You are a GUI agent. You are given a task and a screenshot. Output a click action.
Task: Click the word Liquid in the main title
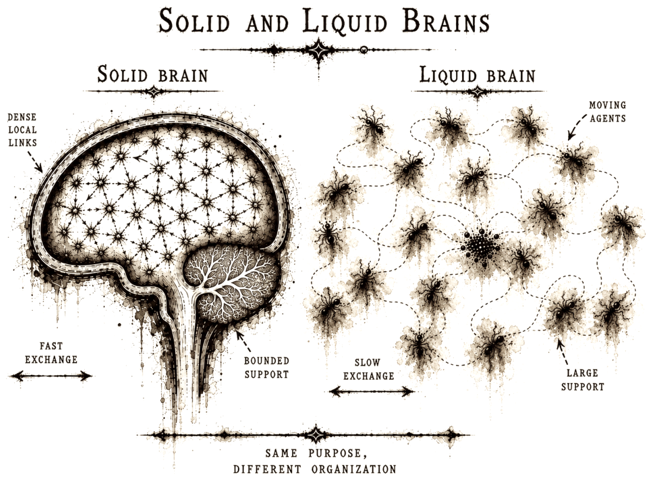point(344,21)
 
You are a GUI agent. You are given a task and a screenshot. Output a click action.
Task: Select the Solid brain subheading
point(152,75)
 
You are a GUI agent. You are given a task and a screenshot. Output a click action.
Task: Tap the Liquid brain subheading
point(477,75)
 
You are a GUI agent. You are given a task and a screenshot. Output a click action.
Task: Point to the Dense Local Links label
point(22,130)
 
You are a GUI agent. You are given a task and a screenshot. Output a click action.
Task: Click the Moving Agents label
point(607,112)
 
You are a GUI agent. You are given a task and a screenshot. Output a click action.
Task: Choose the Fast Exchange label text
point(51,352)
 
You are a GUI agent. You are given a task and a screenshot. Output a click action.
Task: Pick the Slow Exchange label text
point(368,369)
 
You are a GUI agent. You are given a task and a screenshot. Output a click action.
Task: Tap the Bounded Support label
point(267,367)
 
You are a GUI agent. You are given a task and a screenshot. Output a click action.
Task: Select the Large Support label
point(583,380)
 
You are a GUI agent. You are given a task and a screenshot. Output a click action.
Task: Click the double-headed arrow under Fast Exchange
point(51,376)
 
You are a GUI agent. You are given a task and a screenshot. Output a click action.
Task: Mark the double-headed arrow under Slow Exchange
point(371,391)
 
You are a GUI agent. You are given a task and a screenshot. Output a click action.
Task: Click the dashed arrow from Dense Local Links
point(35,162)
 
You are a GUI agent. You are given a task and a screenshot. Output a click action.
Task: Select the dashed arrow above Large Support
point(563,352)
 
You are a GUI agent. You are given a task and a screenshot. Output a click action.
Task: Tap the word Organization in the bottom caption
point(354,470)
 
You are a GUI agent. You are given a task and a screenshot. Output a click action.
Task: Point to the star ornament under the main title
point(319,50)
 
